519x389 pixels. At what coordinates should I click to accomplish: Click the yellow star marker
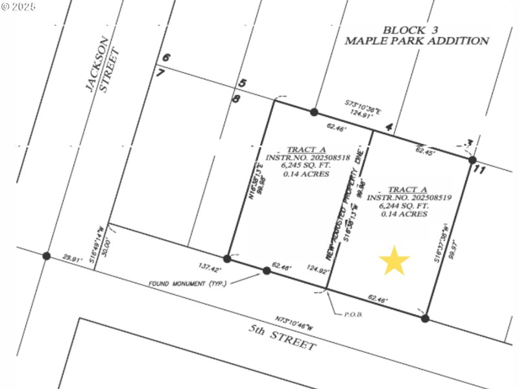tap(394, 261)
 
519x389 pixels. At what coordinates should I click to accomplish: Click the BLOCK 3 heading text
tap(404, 30)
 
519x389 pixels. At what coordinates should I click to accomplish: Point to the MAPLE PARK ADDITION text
tap(416, 41)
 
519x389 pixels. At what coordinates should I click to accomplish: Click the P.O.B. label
tap(352, 314)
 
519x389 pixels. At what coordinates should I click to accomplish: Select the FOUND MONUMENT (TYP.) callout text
tap(187, 283)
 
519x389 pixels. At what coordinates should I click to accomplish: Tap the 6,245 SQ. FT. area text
tap(306, 165)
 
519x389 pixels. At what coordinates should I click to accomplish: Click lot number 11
tap(479, 170)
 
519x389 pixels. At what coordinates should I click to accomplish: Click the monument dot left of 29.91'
tap(46, 256)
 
